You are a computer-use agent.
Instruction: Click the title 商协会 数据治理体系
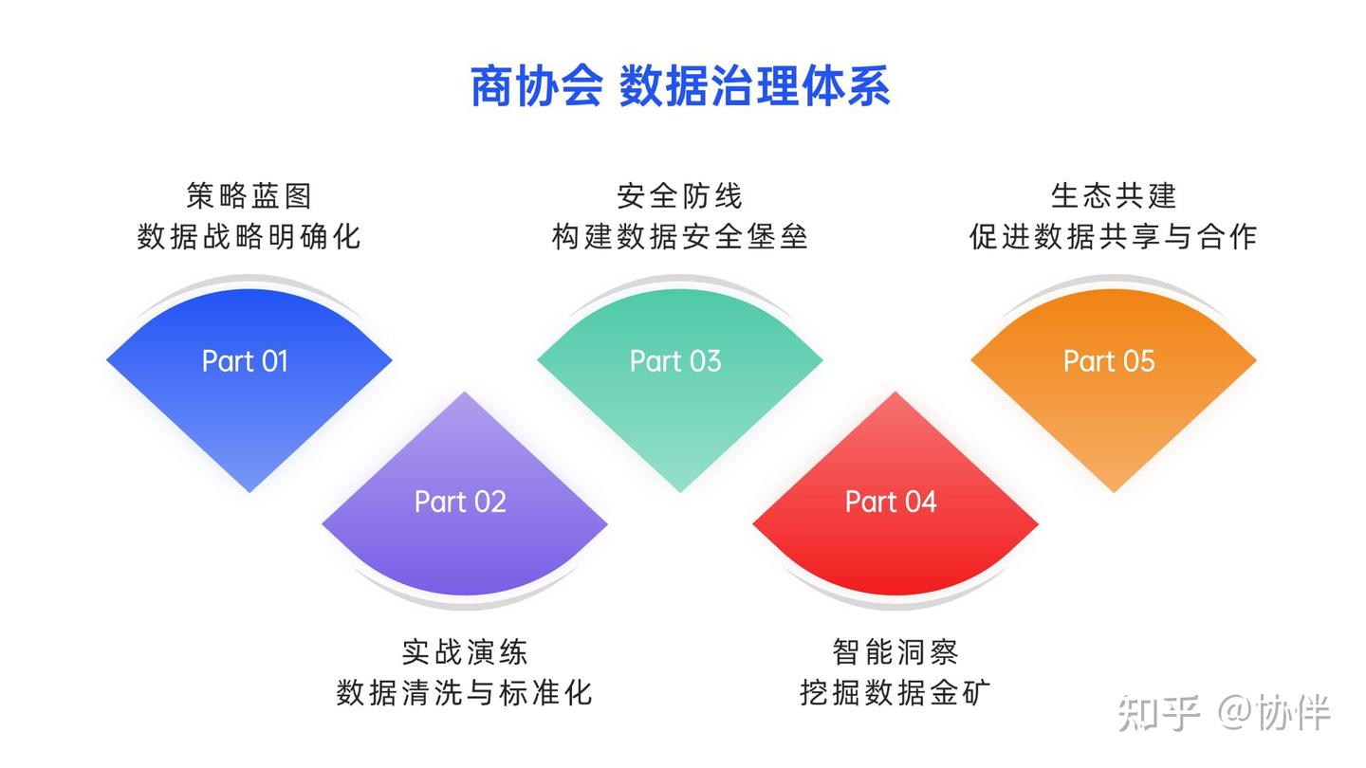(x=680, y=87)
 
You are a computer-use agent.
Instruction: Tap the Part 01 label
(x=245, y=361)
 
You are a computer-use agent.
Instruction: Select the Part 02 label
(x=460, y=502)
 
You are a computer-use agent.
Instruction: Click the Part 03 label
(x=675, y=361)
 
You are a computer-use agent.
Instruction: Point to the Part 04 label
(x=891, y=502)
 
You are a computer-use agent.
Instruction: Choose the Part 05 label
(x=1109, y=361)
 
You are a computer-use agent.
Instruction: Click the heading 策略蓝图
(x=249, y=196)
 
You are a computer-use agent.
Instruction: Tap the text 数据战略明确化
(x=249, y=236)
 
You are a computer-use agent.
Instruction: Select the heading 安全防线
(x=680, y=196)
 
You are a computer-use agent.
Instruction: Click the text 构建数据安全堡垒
(x=680, y=236)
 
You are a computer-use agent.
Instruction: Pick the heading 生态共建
(x=1114, y=196)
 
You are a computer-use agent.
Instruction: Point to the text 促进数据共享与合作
(x=1114, y=236)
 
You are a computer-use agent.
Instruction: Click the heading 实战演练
(x=465, y=652)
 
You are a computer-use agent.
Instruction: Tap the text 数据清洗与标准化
(x=465, y=692)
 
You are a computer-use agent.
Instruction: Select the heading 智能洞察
(x=895, y=652)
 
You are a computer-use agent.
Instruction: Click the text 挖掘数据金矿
(x=895, y=692)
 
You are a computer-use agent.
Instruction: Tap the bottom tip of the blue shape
(x=249, y=490)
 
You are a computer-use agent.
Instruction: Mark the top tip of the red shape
(x=895, y=393)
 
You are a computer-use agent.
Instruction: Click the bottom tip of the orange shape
(x=1114, y=490)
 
